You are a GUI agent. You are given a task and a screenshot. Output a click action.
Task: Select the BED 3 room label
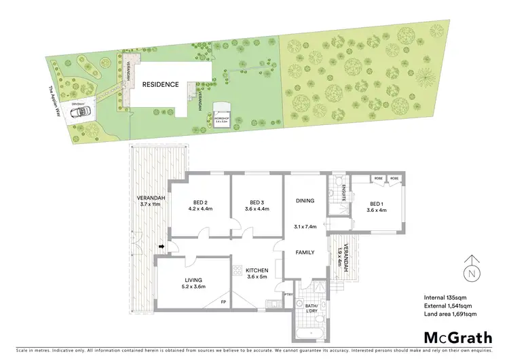(255, 202)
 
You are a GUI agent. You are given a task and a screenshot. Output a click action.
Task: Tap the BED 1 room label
(378, 204)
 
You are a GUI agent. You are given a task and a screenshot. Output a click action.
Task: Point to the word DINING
(304, 201)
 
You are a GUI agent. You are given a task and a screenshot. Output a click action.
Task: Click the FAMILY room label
(304, 252)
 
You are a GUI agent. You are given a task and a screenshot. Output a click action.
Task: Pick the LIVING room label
(193, 280)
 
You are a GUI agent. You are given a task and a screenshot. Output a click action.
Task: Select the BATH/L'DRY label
(312, 307)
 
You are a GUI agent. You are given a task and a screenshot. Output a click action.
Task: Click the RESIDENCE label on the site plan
(160, 85)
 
